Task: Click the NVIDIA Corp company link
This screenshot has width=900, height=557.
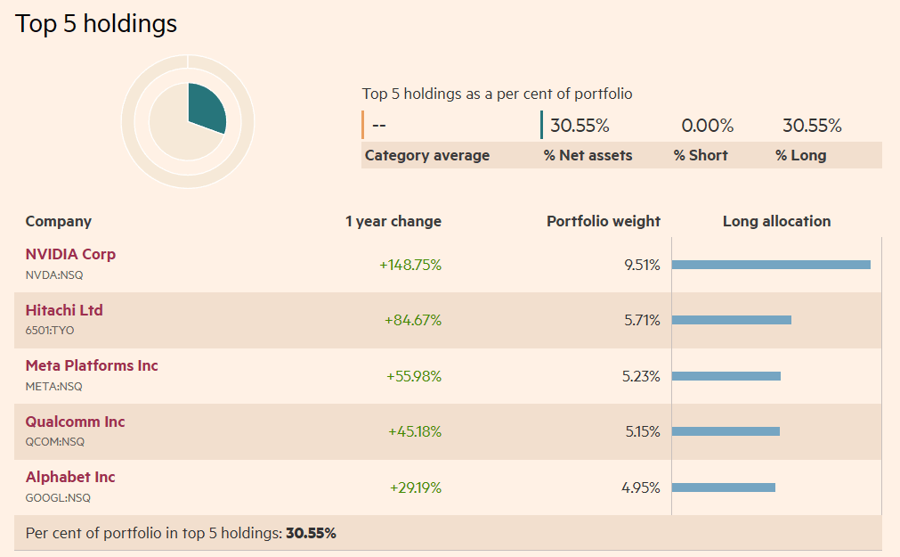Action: pos(70,254)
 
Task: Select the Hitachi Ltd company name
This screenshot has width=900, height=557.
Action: pos(64,310)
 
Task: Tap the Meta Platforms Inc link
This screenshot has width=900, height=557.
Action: pos(92,365)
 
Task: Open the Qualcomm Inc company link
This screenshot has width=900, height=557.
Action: pos(75,422)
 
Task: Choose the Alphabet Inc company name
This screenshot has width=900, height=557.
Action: pos(70,477)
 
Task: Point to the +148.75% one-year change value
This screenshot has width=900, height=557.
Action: pos(410,265)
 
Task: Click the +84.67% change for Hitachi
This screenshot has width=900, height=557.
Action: pos(413,320)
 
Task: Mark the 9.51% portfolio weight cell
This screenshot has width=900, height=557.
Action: pos(642,265)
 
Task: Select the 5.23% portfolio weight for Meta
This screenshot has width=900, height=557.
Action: pos(641,376)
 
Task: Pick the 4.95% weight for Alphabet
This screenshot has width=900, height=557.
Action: pos(641,487)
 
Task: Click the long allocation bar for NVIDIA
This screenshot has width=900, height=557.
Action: pos(770,265)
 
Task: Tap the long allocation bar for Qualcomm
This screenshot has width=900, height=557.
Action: pos(725,431)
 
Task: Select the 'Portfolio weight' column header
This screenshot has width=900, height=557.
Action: pos(603,221)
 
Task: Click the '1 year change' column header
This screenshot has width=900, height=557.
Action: pos(393,221)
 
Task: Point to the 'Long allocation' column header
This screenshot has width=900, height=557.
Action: pos(776,221)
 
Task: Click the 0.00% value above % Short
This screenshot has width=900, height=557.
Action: pos(707,126)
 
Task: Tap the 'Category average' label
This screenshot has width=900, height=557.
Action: pos(426,155)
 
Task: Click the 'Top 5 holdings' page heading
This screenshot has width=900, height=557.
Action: pos(96,23)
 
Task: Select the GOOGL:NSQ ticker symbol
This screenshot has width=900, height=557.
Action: pos(58,498)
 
